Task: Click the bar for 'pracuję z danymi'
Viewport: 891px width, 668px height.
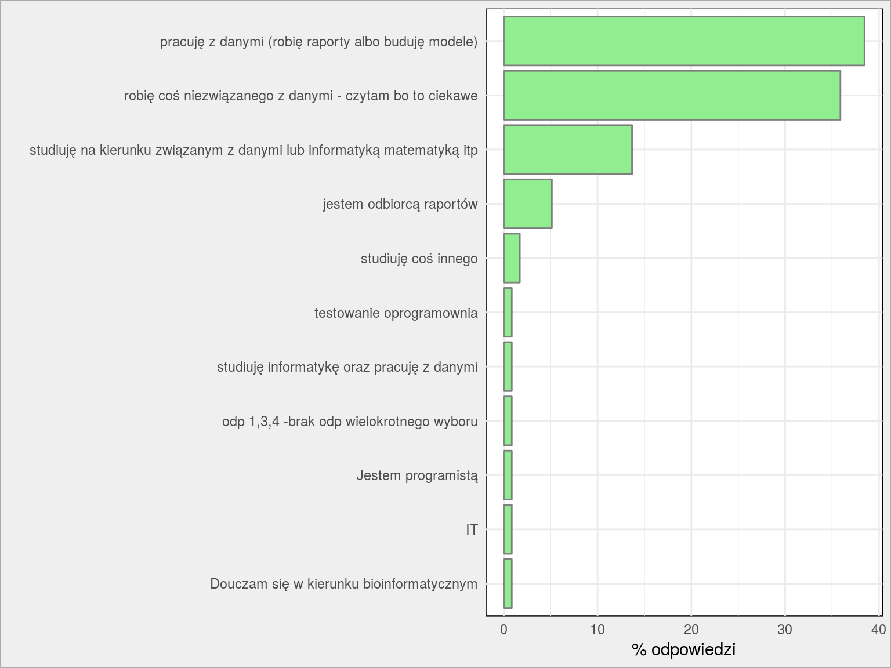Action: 684,41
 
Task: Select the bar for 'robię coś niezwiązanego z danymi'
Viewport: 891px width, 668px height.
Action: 672,95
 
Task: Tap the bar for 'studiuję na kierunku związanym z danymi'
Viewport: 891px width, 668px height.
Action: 568,150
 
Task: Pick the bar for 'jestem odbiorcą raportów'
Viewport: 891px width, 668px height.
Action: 528,204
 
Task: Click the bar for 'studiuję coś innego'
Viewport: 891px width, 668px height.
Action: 512,258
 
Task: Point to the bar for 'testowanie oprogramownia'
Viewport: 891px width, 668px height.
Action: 508,313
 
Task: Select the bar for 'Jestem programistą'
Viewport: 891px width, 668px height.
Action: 508,475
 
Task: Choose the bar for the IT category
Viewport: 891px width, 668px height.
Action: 508,529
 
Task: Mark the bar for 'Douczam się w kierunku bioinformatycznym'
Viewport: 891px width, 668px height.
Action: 508,584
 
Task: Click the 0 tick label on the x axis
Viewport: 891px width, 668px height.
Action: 504,630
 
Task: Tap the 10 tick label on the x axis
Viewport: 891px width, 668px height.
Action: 597,630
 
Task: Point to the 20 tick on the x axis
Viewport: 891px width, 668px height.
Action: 691,630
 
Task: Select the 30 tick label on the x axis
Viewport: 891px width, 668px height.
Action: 785,630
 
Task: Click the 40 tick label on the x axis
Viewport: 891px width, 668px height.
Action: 878,630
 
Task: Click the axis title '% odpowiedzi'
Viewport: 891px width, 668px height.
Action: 684,650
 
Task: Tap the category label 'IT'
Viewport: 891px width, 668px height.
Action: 472,529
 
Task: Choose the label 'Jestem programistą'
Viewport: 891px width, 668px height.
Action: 417,475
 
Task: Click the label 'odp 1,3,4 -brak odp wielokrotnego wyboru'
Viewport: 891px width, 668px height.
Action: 350,422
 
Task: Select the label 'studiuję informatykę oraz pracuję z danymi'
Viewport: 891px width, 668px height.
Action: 347,368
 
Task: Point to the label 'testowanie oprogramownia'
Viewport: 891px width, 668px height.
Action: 396,313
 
